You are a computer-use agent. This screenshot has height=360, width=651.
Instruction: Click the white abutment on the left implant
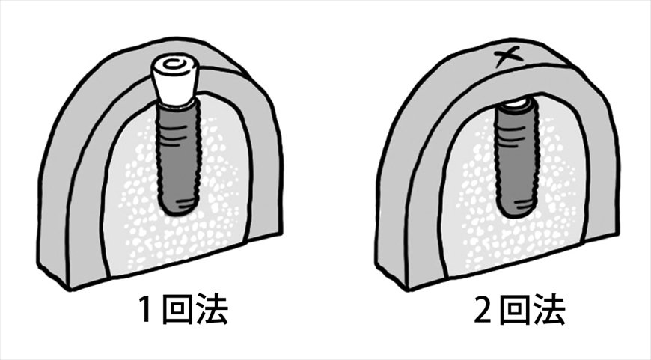pyautogui.click(x=174, y=82)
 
